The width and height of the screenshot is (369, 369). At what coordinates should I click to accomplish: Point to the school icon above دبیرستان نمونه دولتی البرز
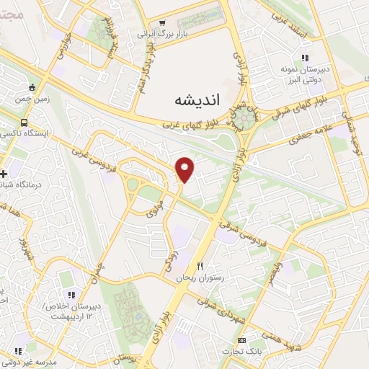305,58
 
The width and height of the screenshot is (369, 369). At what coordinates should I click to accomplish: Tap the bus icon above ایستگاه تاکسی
25,123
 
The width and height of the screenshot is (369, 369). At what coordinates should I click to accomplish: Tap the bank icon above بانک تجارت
241,340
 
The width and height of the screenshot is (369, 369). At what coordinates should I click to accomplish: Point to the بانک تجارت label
246,352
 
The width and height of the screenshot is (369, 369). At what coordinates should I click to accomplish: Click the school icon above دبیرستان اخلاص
71,295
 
